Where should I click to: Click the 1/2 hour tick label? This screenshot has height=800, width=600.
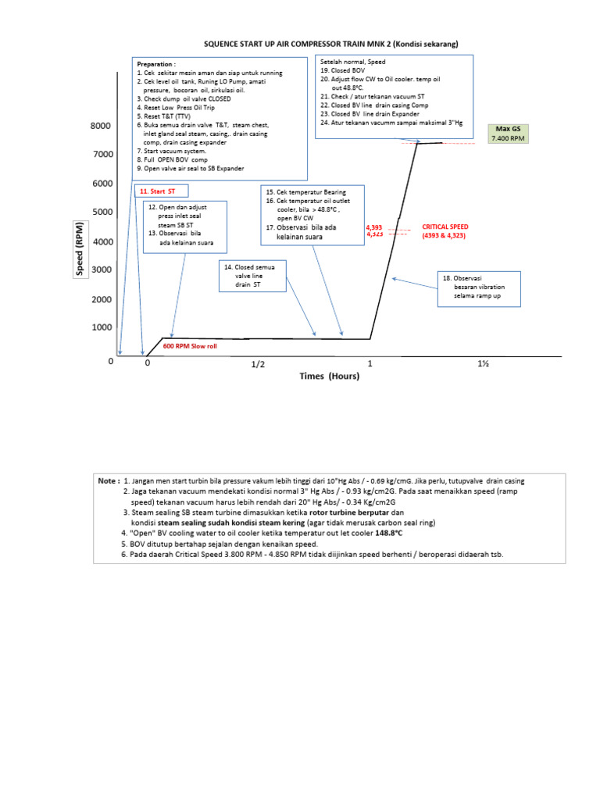pyautogui.click(x=258, y=364)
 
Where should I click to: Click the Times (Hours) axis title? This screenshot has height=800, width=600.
pyautogui.click(x=330, y=377)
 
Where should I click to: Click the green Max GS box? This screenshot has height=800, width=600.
pyautogui.click(x=509, y=134)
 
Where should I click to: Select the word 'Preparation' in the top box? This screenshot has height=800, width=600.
pyautogui.click(x=156, y=64)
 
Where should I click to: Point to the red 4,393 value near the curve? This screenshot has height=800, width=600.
pyautogui.click(x=374, y=227)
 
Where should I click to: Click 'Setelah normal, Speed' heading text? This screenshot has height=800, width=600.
pyautogui.click(x=352, y=60)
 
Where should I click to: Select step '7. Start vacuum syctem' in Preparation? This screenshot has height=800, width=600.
pyautogui.click(x=171, y=151)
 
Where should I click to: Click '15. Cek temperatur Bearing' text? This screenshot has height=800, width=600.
pyautogui.click(x=305, y=192)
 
